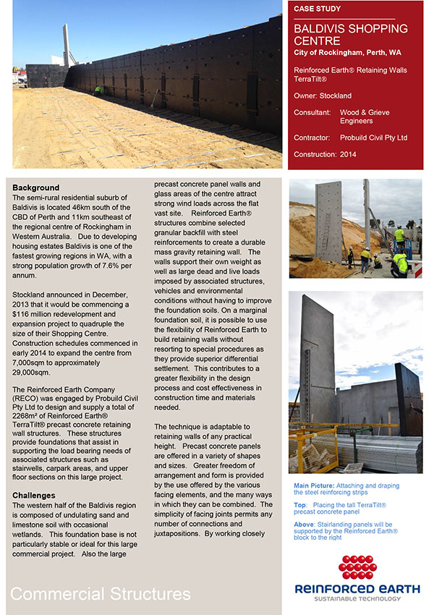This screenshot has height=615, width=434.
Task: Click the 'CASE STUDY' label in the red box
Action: (x=318, y=9)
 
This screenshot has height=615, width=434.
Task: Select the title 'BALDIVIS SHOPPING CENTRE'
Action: (x=351, y=35)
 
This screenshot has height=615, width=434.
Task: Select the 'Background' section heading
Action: (x=35, y=188)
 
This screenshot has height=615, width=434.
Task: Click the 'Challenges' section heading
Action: (x=34, y=495)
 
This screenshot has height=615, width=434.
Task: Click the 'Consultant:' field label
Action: (x=312, y=113)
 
